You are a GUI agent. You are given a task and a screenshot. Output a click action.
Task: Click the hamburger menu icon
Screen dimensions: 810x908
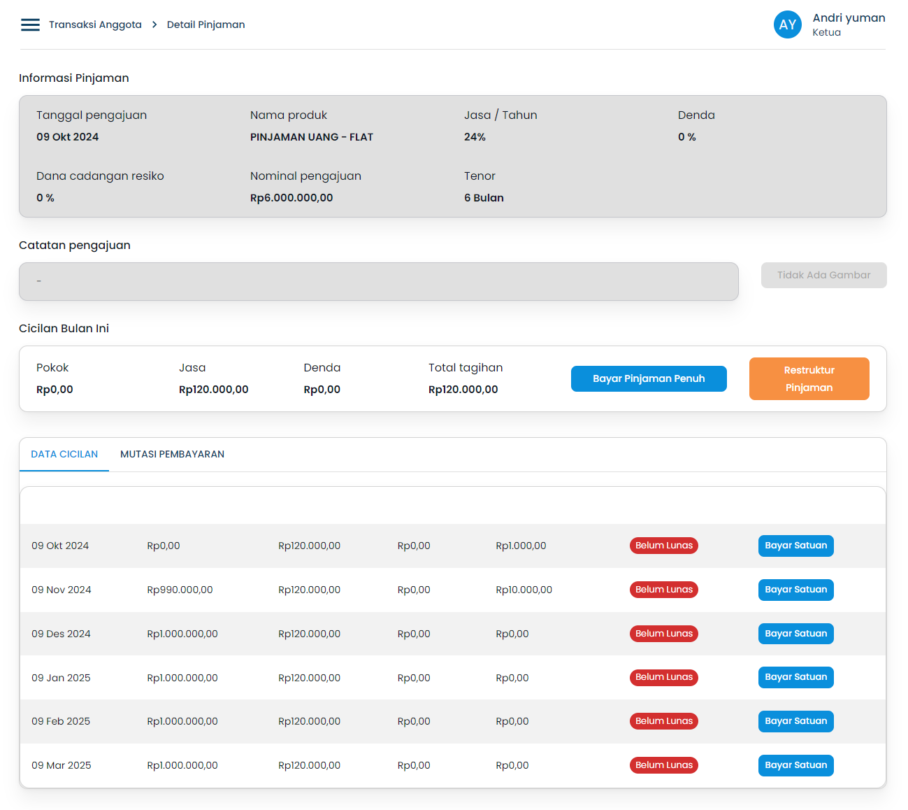[30, 25]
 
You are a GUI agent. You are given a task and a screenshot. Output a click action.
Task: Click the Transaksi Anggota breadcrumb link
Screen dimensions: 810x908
[95, 25]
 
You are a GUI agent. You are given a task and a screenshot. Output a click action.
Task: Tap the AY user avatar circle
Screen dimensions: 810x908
[787, 25]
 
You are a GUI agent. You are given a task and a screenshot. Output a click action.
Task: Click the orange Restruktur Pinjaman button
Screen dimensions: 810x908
[809, 378]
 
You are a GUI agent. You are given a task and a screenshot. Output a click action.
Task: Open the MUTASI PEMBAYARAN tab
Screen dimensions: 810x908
[172, 454]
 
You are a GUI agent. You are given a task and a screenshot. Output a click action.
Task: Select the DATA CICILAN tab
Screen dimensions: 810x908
[64, 454]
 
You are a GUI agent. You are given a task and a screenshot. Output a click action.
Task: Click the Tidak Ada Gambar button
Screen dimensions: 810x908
[823, 275]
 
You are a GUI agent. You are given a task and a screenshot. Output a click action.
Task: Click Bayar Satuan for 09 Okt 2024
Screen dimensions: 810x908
[795, 546]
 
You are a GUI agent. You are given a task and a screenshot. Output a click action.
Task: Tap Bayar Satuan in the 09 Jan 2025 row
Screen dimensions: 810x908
[795, 677]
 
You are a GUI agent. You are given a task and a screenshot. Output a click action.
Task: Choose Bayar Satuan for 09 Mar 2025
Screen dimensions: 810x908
[795, 765]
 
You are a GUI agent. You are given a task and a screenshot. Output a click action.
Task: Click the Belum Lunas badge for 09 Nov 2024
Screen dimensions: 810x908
[663, 590]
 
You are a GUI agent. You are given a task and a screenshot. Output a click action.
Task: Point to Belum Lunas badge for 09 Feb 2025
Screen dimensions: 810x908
[663, 721]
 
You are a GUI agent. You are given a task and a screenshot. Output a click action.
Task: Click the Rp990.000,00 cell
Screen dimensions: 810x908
[180, 590]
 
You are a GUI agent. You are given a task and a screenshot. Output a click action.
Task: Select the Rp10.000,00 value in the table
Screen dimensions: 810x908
[524, 590]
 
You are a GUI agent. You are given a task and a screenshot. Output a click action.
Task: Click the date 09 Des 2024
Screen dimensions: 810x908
[61, 634]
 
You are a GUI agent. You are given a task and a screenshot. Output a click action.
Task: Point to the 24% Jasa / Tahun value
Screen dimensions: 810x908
[475, 137]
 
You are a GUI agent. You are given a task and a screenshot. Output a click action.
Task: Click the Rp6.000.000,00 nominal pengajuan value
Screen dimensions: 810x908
[291, 198]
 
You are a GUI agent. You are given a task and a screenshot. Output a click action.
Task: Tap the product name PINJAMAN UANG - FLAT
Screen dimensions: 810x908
[312, 137]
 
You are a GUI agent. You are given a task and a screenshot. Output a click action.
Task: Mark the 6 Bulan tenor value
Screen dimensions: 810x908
[484, 198]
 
